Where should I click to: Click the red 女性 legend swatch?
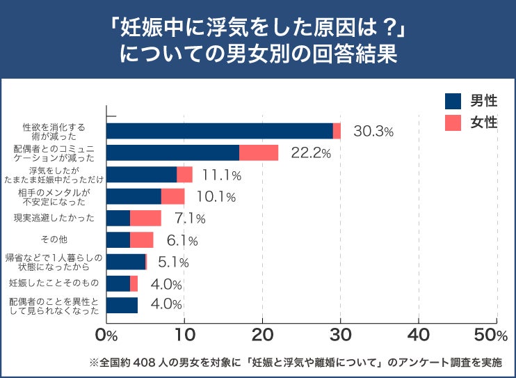[x=453, y=123]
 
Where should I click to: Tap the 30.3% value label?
[x=373, y=131]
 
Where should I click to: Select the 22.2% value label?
[x=311, y=153]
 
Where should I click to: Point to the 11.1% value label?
[x=221, y=175]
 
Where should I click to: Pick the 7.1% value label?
[x=190, y=219]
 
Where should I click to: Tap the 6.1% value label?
[x=182, y=241]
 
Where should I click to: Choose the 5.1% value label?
[x=174, y=262]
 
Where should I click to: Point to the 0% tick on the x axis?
[x=106, y=336]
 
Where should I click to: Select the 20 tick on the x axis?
[x=262, y=336]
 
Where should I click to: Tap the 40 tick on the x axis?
[x=418, y=336]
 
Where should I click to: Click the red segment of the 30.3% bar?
[x=337, y=131]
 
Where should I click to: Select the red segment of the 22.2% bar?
[x=259, y=152]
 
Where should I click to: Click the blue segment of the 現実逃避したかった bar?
[x=118, y=218]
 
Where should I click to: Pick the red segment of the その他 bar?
[x=141, y=240]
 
